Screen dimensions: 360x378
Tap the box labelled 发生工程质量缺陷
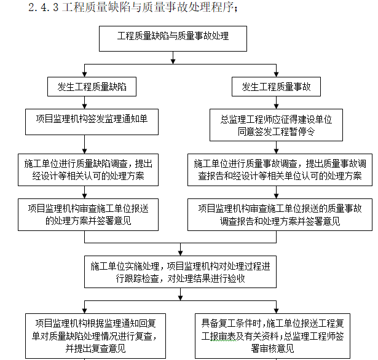[x=92, y=87]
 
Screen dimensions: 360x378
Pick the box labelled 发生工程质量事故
[x=276, y=87]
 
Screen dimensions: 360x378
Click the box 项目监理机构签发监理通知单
[x=92, y=122]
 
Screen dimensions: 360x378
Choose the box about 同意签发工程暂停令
[x=276, y=125]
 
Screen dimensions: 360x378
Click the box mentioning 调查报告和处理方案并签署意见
[x=280, y=214]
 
